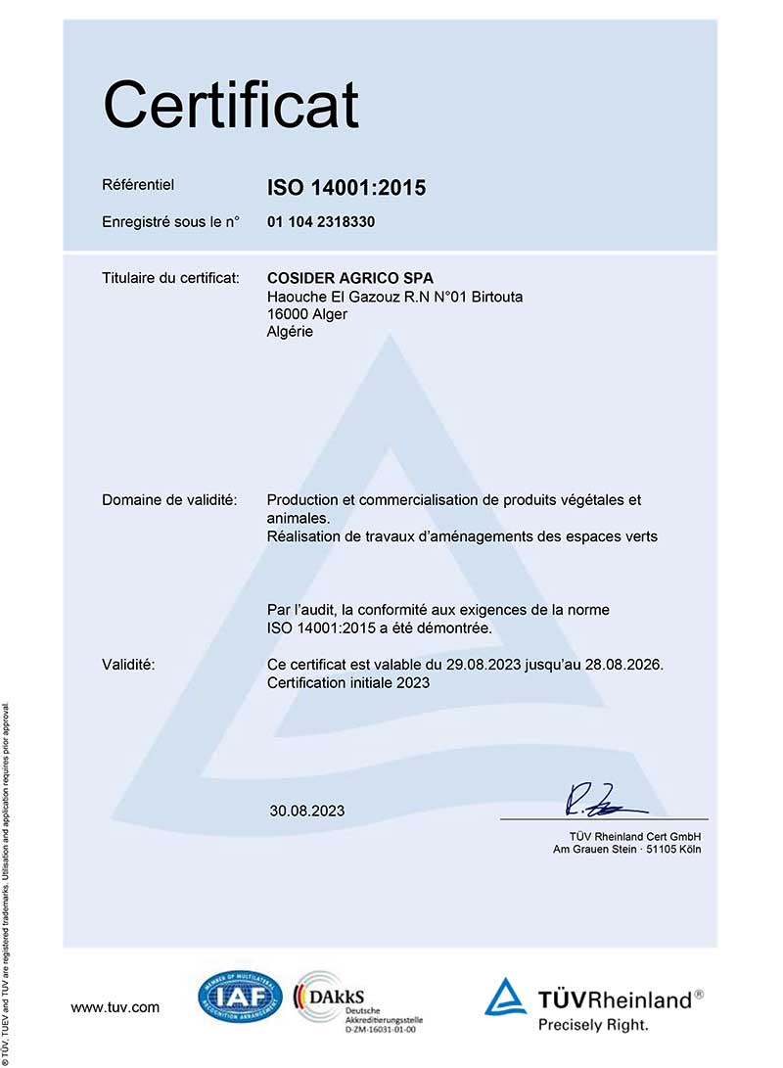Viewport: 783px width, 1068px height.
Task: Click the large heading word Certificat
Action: click(231, 106)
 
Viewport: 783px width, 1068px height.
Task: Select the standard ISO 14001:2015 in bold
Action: click(346, 187)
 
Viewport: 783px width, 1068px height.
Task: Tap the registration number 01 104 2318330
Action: click(321, 222)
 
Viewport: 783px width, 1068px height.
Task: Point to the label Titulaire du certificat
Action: click(170, 279)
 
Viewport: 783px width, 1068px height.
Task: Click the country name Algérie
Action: click(290, 332)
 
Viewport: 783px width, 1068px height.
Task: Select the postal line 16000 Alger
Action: click(306, 314)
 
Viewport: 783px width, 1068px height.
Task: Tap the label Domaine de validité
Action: click(169, 500)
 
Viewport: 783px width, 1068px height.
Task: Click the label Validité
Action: click(128, 665)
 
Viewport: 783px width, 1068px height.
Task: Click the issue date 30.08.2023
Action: click(307, 811)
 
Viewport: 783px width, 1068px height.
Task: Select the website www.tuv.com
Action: click(115, 1006)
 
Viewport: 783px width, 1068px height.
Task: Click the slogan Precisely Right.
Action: click(593, 1025)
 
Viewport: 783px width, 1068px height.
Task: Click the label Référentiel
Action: click(137, 183)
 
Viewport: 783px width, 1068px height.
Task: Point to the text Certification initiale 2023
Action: click(347, 683)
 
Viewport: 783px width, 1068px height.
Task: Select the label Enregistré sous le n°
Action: click(170, 222)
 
